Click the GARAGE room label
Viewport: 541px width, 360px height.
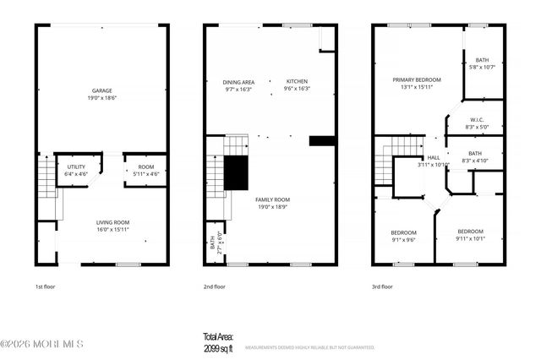102,90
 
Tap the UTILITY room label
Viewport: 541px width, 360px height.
75,166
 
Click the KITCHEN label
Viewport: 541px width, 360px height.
297,82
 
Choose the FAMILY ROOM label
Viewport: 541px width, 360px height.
272,199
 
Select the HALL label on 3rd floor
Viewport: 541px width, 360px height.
434,157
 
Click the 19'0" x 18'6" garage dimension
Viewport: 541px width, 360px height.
102,98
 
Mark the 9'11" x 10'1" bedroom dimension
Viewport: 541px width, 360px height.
471,238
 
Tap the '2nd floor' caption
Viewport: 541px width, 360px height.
215,286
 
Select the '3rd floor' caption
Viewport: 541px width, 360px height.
383,286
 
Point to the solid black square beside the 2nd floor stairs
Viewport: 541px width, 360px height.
236,173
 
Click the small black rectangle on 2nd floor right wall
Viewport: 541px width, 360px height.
321,141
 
